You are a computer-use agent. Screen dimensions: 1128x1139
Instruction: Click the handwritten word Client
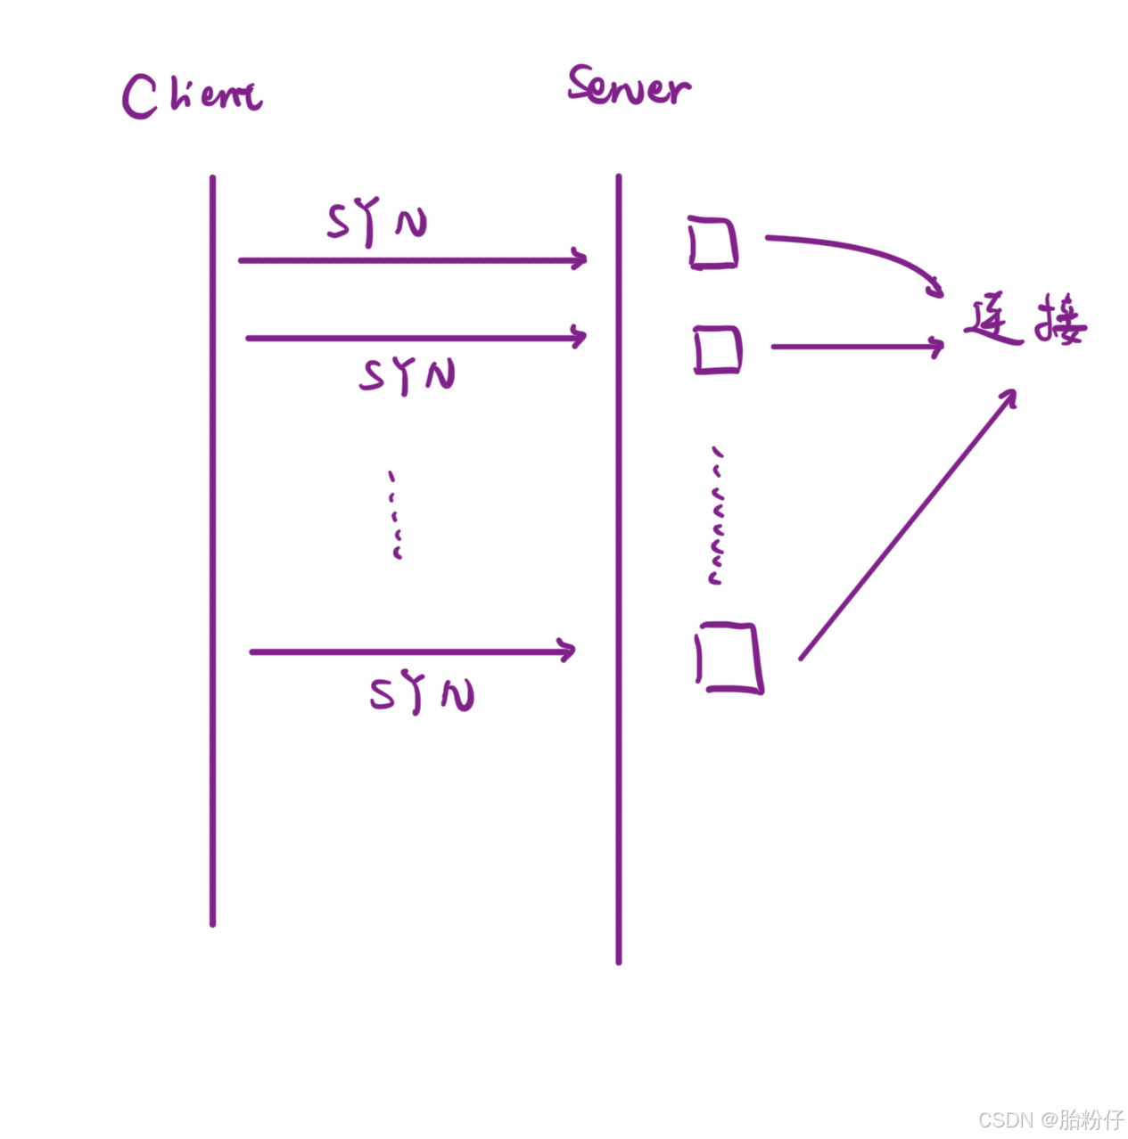(192, 95)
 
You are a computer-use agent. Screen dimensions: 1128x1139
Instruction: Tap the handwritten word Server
(629, 86)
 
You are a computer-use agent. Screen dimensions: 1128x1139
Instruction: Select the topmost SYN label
(376, 223)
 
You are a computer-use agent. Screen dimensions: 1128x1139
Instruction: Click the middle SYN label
(408, 375)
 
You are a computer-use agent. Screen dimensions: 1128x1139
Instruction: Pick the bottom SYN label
(422, 694)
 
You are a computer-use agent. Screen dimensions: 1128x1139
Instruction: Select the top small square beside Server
(713, 242)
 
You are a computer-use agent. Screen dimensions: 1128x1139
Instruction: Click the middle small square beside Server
(718, 349)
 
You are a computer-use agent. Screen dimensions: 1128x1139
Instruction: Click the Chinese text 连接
(1025, 323)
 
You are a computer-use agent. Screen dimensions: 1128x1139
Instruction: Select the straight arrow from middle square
(856, 346)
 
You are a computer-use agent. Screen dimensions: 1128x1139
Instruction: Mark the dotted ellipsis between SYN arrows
(395, 515)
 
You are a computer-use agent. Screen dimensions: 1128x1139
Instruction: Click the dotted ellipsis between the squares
(715, 517)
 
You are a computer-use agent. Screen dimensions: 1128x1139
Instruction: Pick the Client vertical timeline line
(212, 553)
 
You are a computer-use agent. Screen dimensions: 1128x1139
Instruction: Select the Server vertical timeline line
(619, 570)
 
